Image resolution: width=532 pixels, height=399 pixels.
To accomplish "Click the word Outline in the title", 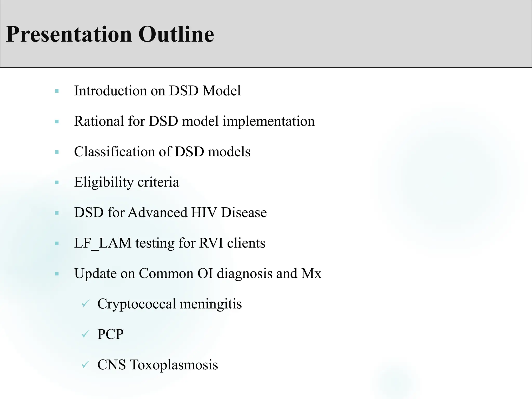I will pos(176,34).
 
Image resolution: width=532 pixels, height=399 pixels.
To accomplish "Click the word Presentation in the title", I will pos(69,34).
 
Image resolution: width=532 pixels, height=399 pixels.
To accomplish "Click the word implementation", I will pos(269,121).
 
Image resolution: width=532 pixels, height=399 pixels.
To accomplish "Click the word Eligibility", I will pos(104,182).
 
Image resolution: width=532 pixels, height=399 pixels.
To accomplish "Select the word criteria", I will pos(158,182).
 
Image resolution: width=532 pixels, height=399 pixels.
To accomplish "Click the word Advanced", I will pos(157,212).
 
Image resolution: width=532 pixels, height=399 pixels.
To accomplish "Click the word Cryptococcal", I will pos(137,304).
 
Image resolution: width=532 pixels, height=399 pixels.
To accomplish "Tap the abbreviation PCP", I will pos(110,334).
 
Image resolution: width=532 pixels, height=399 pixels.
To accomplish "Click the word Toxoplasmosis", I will pos(174,365).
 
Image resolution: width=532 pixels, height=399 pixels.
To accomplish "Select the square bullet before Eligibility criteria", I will pos(57,183).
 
